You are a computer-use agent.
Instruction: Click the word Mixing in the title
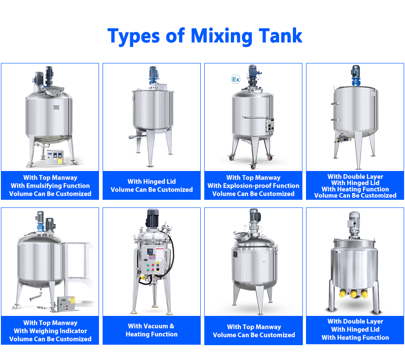pyautogui.click(x=221, y=36)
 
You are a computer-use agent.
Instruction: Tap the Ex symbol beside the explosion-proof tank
pyautogui.click(x=235, y=79)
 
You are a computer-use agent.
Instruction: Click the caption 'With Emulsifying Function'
pyautogui.click(x=50, y=186)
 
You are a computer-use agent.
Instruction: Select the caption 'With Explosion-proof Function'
pyautogui.click(x=253, y=186)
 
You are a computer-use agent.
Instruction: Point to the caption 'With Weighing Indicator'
pyautogui.click(x=50, y=331)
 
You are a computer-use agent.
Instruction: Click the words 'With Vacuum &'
pyautogui.click(x=151, y=326)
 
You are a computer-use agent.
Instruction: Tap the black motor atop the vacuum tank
pyautogui.click(x=153, y=218)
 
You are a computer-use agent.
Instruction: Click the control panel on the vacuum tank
pyautogui.click(x=153, y=261)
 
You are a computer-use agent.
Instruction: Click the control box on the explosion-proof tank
pyautogui.click(x=270, y=125)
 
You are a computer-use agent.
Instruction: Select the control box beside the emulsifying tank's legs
pyautogui.click(x=55, y=157)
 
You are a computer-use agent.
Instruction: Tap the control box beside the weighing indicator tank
pyautogui.click(x=66, y=304)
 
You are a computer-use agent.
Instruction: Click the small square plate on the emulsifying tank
pyautogui.click(x=56, y=107)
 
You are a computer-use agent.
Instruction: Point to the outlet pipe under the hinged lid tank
pyautogui.click(x=135, y=136)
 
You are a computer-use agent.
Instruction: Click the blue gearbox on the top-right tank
pyautogui.click(x=355, y=81)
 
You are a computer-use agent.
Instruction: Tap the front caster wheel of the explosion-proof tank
pyautogui.click(x=252, y=166)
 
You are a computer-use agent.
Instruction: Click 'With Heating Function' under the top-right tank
pyautogui.click(x=355, y=189)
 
